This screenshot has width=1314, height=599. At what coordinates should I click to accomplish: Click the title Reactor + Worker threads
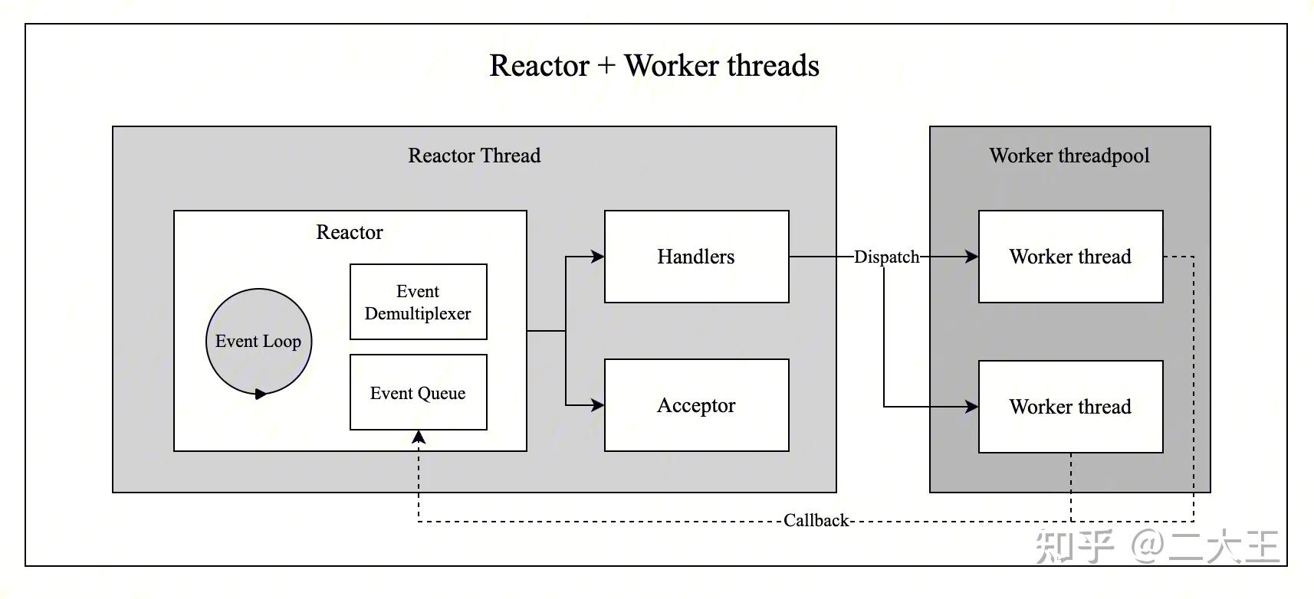point(654,66)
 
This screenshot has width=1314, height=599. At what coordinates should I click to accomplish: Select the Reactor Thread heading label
point(474,155)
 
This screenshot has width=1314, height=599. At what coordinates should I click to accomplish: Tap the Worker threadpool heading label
point(1069,155)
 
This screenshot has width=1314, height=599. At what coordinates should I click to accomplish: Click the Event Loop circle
point(258,341)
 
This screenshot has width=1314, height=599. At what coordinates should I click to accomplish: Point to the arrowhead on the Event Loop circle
point(261,394)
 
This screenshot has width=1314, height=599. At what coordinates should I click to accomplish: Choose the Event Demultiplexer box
point(418,302)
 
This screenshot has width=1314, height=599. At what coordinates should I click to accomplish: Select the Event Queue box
point(418,392)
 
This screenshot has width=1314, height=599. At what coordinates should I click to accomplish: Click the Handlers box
point(696,257)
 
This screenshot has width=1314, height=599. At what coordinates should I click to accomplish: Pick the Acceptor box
point(696,405)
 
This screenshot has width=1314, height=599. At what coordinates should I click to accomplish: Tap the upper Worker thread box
point(1070,257)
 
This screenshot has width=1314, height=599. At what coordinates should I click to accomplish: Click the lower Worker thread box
point(1070,407)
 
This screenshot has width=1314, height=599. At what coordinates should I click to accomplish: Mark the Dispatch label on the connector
point(886,257)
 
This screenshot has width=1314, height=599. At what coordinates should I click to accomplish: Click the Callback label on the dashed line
point(816,521)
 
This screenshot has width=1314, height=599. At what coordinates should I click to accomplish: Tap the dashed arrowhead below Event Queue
point(419,437)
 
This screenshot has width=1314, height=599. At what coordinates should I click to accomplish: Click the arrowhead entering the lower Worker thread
point(971,407)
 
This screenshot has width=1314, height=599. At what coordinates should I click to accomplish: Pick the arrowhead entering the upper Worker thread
point(971,257)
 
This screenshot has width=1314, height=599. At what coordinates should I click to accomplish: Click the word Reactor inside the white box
point(350,232)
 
